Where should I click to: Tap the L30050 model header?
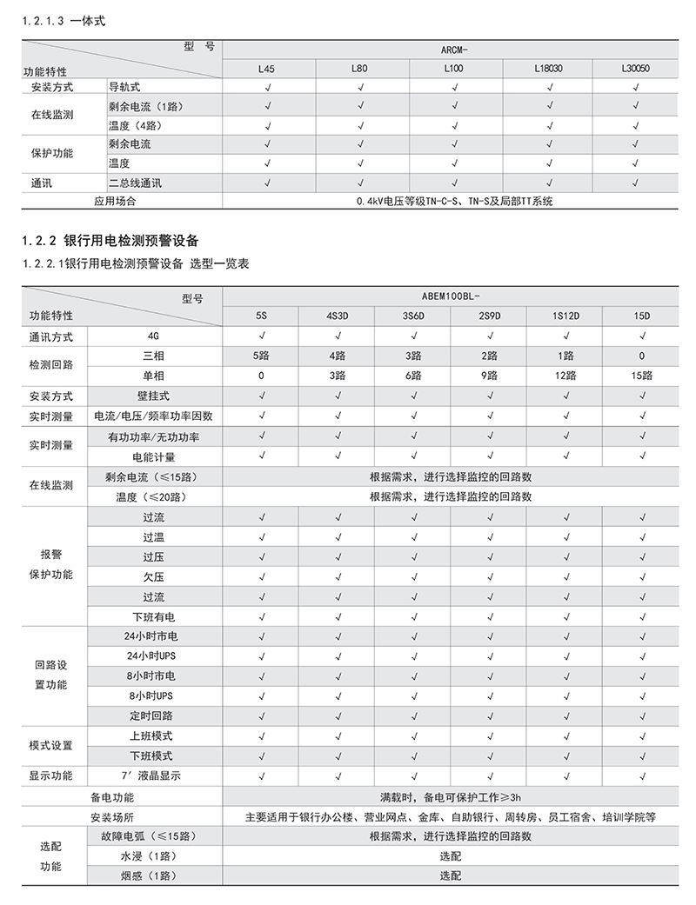pos(637,68)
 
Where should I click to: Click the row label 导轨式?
pos(124,87)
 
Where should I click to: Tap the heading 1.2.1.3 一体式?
pos(64,21)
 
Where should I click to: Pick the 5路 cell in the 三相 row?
pos(261,356)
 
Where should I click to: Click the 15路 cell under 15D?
pos(641,375)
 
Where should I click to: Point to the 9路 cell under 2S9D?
pos(488,375)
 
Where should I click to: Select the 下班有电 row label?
pos(154,616)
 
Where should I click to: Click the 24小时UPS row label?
pos(151,655)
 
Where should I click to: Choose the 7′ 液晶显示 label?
pos(155,775)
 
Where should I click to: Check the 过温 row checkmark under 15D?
pos(641,536)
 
